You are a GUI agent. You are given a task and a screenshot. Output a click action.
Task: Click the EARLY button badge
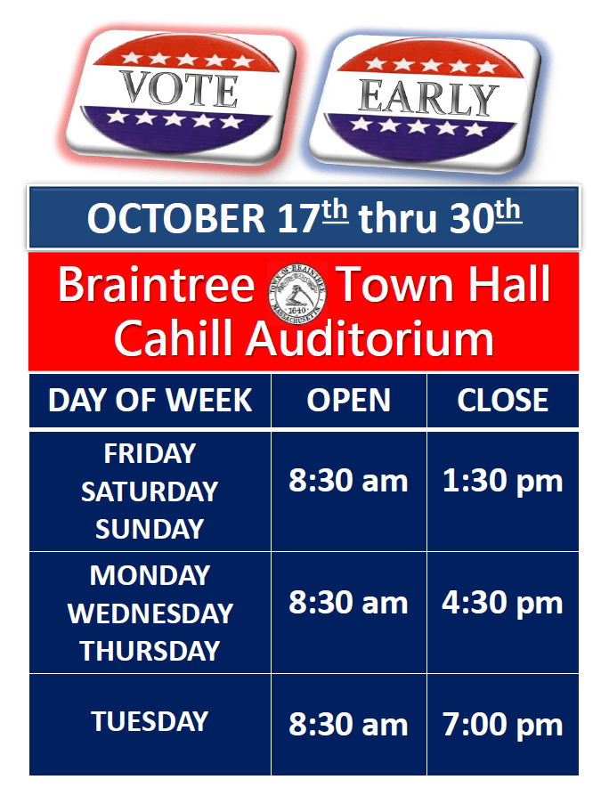point(428,97)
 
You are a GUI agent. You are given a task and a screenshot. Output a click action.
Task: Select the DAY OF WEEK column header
point(150,401)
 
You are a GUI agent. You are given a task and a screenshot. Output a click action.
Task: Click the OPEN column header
point(349,401)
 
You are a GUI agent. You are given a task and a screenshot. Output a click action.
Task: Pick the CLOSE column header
point(503,401)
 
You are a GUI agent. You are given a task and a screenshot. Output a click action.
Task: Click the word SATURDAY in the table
point(150,491)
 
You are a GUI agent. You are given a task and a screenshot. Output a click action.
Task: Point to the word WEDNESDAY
point(150,613)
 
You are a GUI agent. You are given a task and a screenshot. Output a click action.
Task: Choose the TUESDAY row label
point(150,721)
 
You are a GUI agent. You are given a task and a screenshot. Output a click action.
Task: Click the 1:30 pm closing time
point(503,482)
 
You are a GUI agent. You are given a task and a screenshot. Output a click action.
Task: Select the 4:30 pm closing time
point(503,604)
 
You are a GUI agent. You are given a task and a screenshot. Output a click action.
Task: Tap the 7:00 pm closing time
point(503,725)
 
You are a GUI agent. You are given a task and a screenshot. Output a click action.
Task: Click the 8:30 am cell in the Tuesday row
point(349,725)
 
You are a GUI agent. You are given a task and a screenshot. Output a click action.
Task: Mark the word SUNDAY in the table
point(150,530)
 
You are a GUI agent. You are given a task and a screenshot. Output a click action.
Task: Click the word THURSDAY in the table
point(150,651)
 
